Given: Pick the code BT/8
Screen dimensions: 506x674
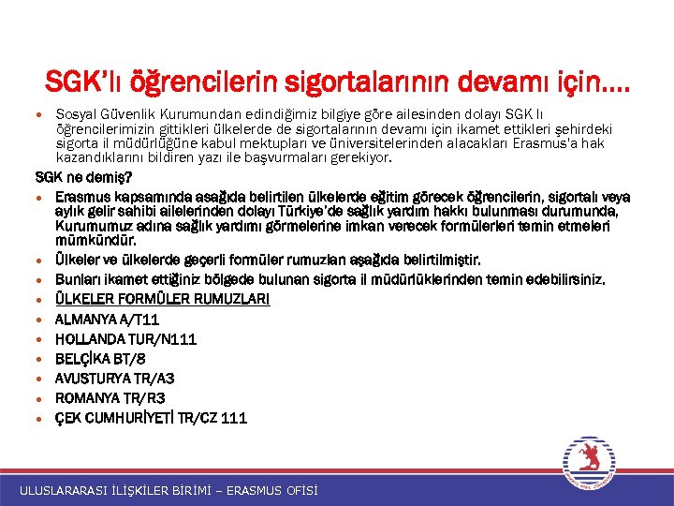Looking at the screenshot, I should (129, 359).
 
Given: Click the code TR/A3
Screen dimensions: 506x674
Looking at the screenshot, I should (154, 379).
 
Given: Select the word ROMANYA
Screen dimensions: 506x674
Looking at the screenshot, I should (85, 398).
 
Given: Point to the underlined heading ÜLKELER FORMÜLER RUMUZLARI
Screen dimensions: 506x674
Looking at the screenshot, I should (162, 300).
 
